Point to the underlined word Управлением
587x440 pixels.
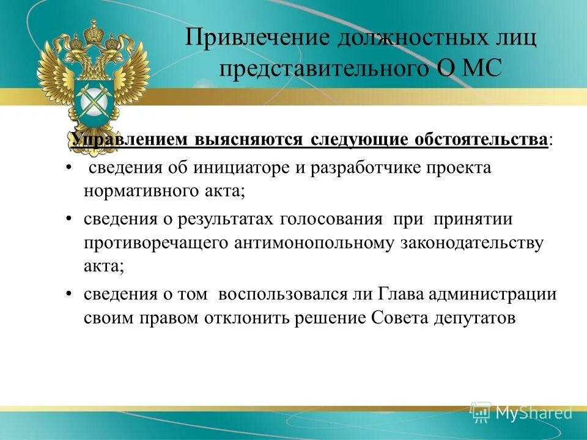[x=130, y=139]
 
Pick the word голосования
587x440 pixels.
[x=332, y=219]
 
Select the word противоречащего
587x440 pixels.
[x=156, y=243]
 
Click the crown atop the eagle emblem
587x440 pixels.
[x=93, y=31]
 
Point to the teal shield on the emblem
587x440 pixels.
[x=93, y=97]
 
